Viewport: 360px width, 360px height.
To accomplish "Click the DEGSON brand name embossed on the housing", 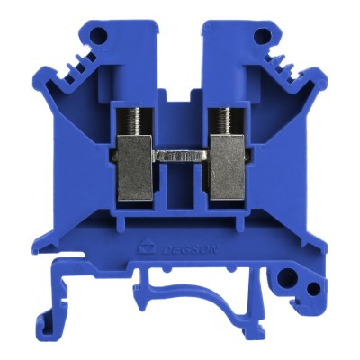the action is coord(191,249).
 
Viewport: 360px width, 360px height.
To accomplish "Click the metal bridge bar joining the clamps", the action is coord(181,157).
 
